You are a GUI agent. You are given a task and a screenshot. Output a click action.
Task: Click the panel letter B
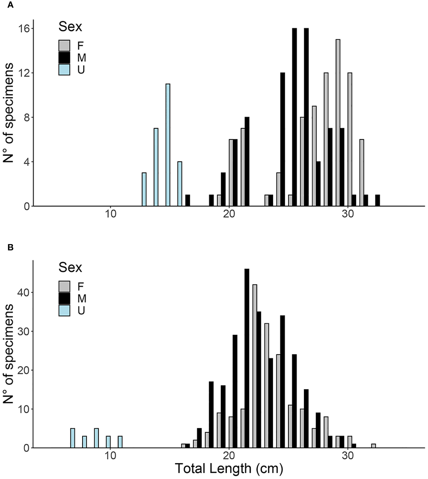[x=10, y=247]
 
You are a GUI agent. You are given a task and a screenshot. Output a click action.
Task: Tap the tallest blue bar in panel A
[x=168, y=145]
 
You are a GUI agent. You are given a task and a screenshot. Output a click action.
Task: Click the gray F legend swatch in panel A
[x=64, y=46]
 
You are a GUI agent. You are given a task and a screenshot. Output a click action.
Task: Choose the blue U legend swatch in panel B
[x=64, y=310]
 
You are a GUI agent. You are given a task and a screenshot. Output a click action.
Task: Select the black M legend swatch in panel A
[x=64, y=57]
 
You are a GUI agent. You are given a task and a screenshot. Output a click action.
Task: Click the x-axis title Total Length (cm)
[x=229, y=469]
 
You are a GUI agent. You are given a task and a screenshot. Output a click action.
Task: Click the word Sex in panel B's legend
[x=70, y=267]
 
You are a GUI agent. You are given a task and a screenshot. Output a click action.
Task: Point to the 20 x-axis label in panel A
[x=229, y=214]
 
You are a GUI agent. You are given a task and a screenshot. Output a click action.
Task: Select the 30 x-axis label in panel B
[x=348, y=455]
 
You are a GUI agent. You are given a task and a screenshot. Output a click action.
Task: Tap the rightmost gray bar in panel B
[x=374, y=446]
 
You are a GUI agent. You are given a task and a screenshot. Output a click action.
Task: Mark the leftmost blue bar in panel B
[x=72, y=438]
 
